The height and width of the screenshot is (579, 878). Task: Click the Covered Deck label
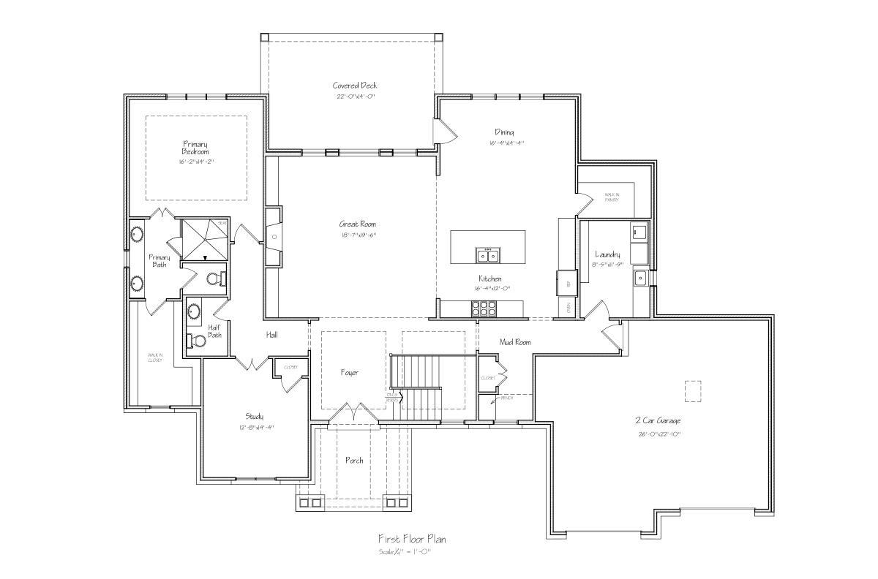[x=355, y=86]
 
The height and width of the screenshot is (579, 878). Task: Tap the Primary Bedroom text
[x=195, y=148]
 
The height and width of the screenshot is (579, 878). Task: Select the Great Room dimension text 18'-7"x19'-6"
[x=357, y=235]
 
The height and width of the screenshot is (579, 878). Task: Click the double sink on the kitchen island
[x=487, y=254]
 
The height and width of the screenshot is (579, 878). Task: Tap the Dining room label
[x=504, y=132]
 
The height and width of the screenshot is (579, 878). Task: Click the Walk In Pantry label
[x=612, y=197]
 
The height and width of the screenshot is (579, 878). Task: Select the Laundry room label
[x=607, y=254]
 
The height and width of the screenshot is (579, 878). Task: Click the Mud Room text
[x=514, y=341]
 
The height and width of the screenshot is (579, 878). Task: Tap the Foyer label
[x=349, y=372]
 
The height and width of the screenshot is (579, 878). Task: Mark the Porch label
[x=354, y=460]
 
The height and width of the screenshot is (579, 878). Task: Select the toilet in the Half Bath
[x=196, y=340]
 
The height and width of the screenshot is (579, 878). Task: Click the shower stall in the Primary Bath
[x=206, y=239]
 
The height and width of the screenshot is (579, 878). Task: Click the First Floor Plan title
[x=411, y=539]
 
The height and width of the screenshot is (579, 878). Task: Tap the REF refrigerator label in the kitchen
[x=568, y=281]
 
